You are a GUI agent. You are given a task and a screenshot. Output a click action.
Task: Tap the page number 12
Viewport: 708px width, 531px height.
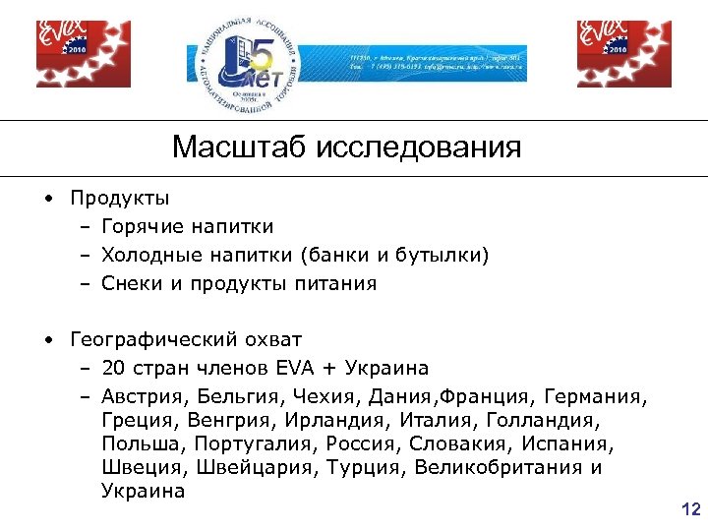pos(690,508)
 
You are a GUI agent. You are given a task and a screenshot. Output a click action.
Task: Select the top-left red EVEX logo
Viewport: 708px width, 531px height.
pos(69,53)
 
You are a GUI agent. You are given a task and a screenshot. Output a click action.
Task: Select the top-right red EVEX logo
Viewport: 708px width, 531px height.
pos(610,53)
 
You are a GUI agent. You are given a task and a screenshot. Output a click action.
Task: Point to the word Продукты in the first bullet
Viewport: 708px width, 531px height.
pos(119,199)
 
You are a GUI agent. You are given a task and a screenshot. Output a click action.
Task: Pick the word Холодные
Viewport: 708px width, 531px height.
pos(149,256)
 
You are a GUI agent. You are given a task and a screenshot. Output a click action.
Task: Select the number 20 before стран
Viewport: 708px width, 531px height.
pos(113,369)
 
